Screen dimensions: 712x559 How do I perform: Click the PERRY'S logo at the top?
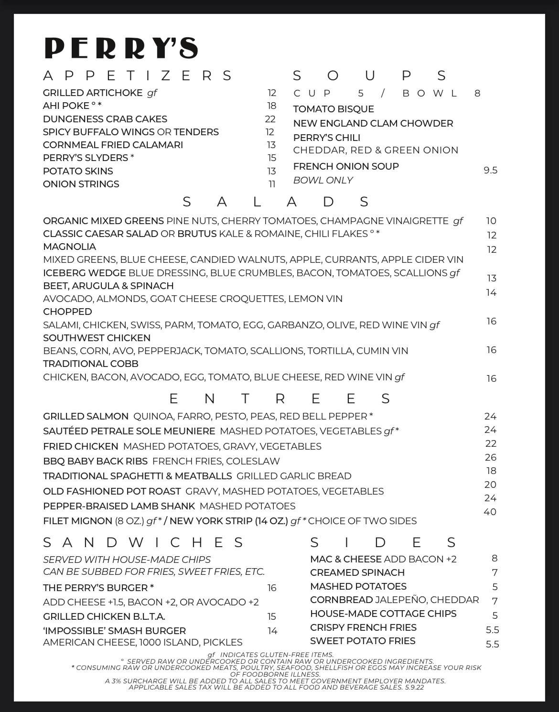coord(121,48)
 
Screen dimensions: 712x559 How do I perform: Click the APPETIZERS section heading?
coord(138,76)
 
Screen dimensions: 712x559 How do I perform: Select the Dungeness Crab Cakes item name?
coord(105,119)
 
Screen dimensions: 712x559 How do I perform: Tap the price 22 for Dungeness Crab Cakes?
coord(270,119)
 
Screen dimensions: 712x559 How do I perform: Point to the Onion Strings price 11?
coord(272,184)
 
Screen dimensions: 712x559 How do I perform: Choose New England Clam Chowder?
coord(373,123)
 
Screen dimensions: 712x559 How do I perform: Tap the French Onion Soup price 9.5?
coord(490,171)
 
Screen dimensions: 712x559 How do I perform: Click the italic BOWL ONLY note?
coord(323,180)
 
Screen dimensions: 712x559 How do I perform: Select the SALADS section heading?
coord(276,202)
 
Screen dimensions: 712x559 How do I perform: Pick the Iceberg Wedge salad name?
coord(85,273)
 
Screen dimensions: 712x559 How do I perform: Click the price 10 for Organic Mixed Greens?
coord(491,221)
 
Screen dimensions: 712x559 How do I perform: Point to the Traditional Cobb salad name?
coord(91,364)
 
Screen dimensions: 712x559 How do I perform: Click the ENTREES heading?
coord(279,399)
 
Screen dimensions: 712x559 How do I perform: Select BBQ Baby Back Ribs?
coord(95,461)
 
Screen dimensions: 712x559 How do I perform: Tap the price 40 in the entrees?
coord(490,512)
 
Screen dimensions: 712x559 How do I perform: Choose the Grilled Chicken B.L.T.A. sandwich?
coord(104,616)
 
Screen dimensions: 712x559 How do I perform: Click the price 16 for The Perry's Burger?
coord(272,588)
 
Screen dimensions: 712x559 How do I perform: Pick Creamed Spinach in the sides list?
coord(357,572)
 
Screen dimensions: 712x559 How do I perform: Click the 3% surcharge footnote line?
coord(275,681)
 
